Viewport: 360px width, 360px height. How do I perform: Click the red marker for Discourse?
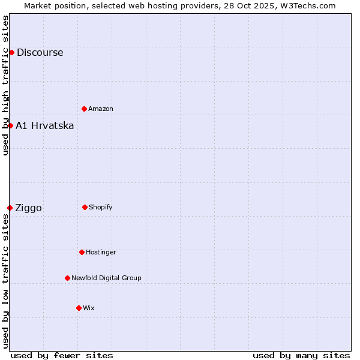tap(11, 52)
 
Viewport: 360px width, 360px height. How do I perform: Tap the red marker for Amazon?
tap(84, 109)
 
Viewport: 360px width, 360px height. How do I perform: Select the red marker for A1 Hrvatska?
tap(10, 125)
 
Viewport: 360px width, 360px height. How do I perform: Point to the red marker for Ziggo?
tap(10, 208)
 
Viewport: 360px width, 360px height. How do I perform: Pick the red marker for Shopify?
tap(85, 207)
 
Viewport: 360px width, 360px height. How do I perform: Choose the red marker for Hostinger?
tap(82, 252)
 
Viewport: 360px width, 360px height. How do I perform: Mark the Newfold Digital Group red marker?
tap(67, 278)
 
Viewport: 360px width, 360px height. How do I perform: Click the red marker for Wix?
tap(79, 308)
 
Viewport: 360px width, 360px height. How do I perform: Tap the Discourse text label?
tap(40, 52)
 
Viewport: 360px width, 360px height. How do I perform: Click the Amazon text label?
tap(101, 109)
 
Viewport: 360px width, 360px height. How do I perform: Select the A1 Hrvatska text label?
tap(45, 125)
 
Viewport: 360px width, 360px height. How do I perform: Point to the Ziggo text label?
tap(28, 208)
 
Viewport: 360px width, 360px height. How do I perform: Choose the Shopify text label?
tap(101, 207)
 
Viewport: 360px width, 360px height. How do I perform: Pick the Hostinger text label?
tap(101, 252)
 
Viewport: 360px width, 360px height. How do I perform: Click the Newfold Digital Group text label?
tap(106, 278)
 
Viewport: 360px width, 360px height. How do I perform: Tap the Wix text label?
tap(89, 308)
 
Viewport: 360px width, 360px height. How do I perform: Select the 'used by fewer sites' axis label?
tap(62, 355)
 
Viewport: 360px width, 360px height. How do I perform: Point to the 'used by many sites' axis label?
tap(301, 355)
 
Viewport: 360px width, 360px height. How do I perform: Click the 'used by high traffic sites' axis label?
tap(5, 85)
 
